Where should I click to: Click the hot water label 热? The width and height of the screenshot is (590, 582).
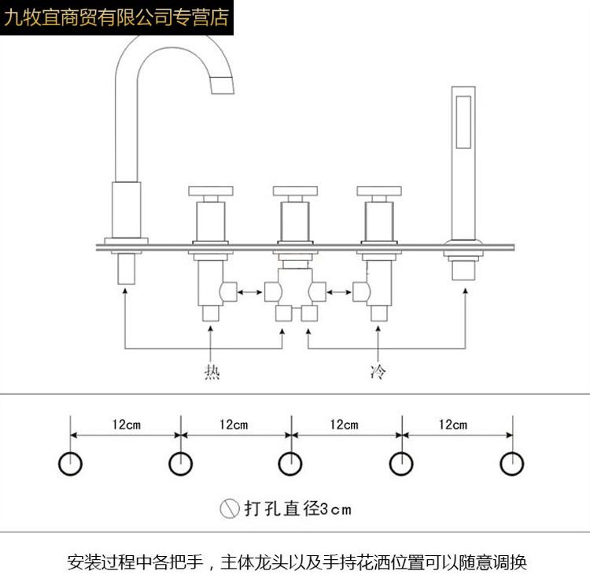pos(212,373)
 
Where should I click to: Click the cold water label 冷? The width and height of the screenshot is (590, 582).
pos(378,372)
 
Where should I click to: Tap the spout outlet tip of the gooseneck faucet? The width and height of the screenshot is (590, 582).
pos(222,85)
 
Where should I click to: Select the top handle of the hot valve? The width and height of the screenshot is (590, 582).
pos(211,191)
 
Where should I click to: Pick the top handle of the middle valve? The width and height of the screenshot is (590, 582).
pos(295,191)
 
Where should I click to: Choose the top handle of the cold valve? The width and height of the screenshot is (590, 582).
pos(379,191)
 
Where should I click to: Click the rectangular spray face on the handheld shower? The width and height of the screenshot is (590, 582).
pos(463,122)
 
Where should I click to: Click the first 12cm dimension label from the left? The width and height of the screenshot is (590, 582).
pos(127,425)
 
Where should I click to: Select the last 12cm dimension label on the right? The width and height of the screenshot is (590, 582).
pos(453,425)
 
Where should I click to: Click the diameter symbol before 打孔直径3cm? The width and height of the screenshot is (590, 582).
pos(230,509)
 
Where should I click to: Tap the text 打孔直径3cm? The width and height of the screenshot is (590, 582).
pos(297,509)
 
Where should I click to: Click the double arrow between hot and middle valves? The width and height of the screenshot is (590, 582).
pos(250,292)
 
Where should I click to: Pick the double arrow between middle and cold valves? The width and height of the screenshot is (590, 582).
pos(339,292)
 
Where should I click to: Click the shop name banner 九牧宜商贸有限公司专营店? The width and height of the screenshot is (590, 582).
pos(116,17)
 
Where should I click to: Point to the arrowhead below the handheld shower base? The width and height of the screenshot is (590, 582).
pos(466,291)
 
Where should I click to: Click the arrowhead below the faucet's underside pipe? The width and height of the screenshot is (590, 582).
pos(125,291)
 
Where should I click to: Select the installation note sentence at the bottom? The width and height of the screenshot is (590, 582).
pos(297,562)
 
